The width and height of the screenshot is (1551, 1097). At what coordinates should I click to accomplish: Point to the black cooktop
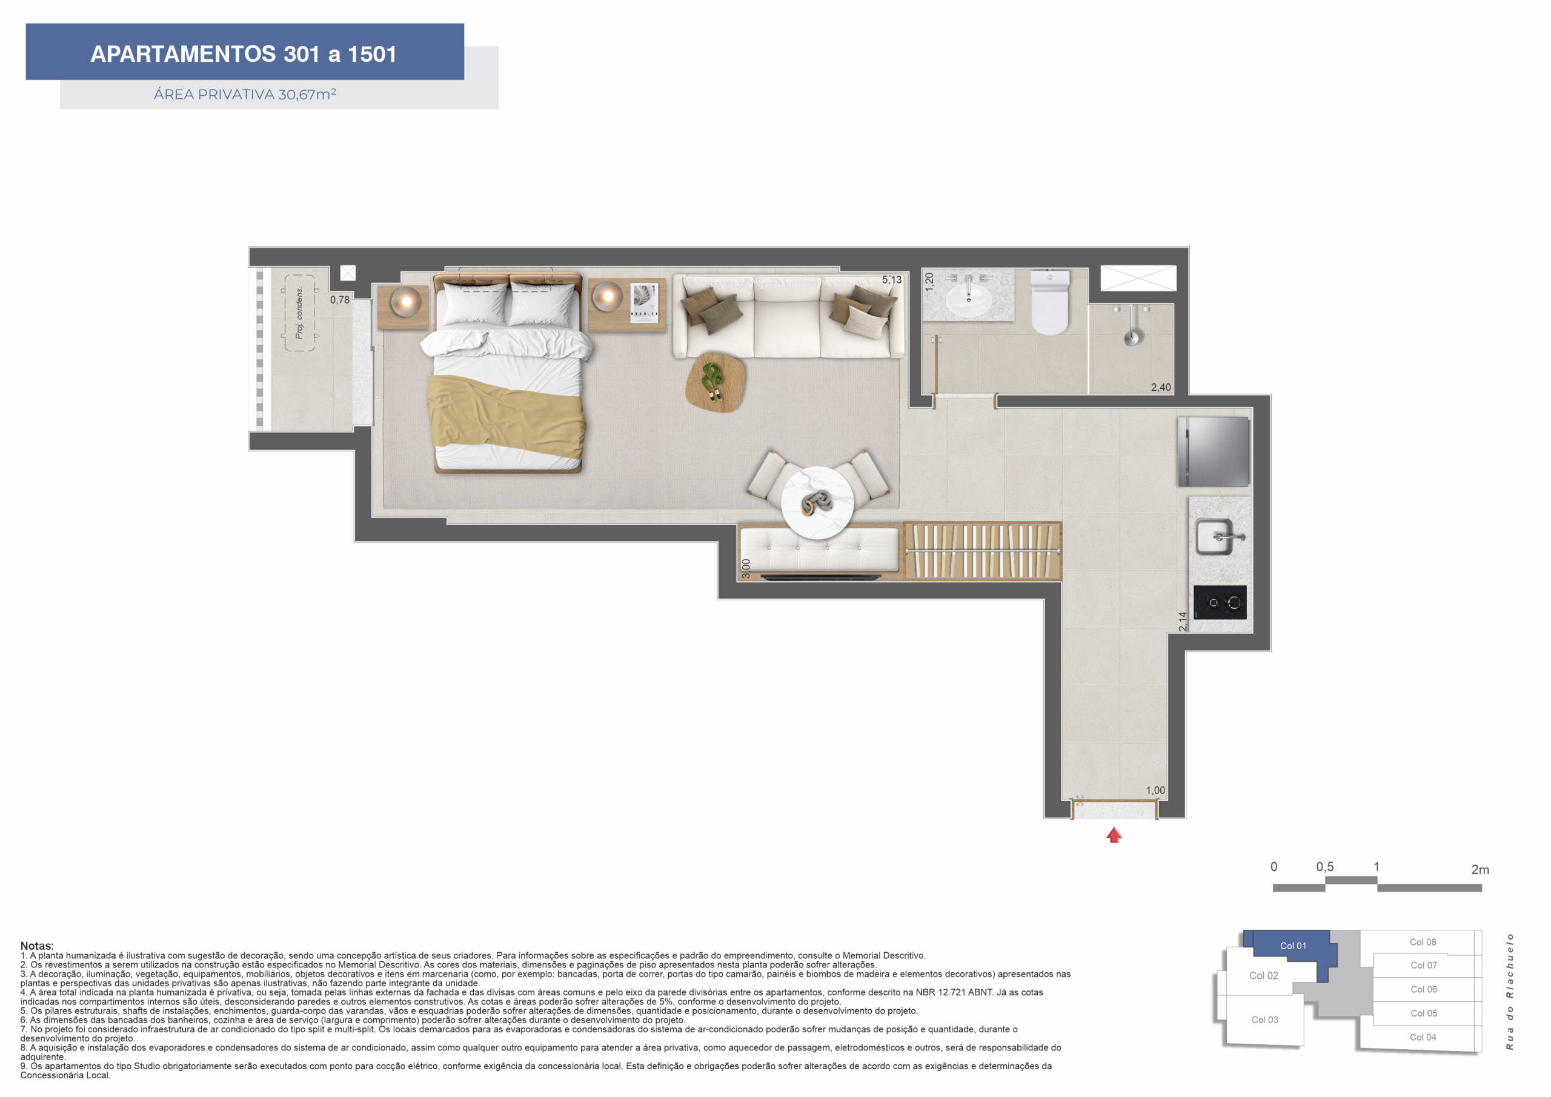(1220, 602)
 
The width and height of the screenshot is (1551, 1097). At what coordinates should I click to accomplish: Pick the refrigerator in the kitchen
(1214, 451)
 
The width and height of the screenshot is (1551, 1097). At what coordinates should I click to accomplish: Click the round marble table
(817, 503)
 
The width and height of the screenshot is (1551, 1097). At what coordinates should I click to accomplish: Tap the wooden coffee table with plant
(716, 382)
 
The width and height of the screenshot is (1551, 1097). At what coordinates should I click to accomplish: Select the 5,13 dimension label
(892, 280)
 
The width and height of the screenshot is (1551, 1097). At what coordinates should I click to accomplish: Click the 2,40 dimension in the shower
(1161, 387)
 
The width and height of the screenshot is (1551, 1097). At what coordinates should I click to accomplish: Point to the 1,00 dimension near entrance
(1155, 790)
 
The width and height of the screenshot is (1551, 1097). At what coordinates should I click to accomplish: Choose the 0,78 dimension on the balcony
(340, 300)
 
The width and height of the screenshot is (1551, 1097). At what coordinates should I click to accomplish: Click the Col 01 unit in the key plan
(1293, 946)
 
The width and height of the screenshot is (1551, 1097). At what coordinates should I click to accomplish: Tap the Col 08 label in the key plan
(1423, 942)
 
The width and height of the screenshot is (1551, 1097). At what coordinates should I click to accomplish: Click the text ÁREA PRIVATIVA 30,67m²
(245, 94)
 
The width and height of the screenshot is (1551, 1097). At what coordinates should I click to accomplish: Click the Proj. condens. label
(299, 313)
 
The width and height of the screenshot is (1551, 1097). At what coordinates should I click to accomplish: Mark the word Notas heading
(37, 946)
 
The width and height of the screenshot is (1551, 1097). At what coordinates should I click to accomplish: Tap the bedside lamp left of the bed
(407, 302)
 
